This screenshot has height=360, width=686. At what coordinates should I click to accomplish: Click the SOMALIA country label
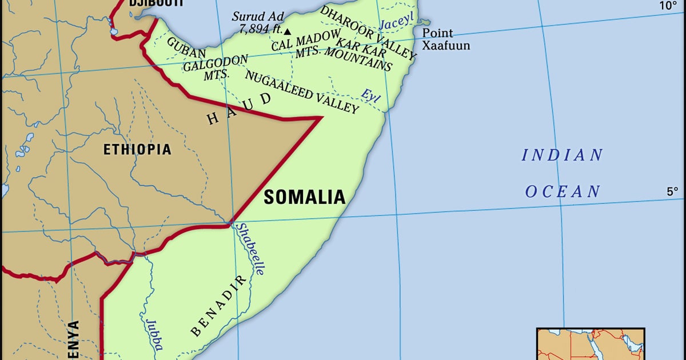(x=305, y=197)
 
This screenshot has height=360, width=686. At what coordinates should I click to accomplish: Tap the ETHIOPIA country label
(x=137, y=150)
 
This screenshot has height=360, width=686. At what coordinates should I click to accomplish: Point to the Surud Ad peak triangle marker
(x=288, y=31)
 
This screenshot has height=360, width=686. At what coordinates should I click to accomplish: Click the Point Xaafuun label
(x=446, y=39)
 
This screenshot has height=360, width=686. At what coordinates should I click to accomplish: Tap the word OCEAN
(x=563, y=191)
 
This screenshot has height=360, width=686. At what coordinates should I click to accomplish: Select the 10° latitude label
(x=668, y=6)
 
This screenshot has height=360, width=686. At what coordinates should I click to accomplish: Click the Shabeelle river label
(x=250, y=249)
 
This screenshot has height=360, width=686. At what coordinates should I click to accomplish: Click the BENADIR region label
(x=220, y=306)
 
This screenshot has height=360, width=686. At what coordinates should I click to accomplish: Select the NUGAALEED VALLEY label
(x=302, y=91)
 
